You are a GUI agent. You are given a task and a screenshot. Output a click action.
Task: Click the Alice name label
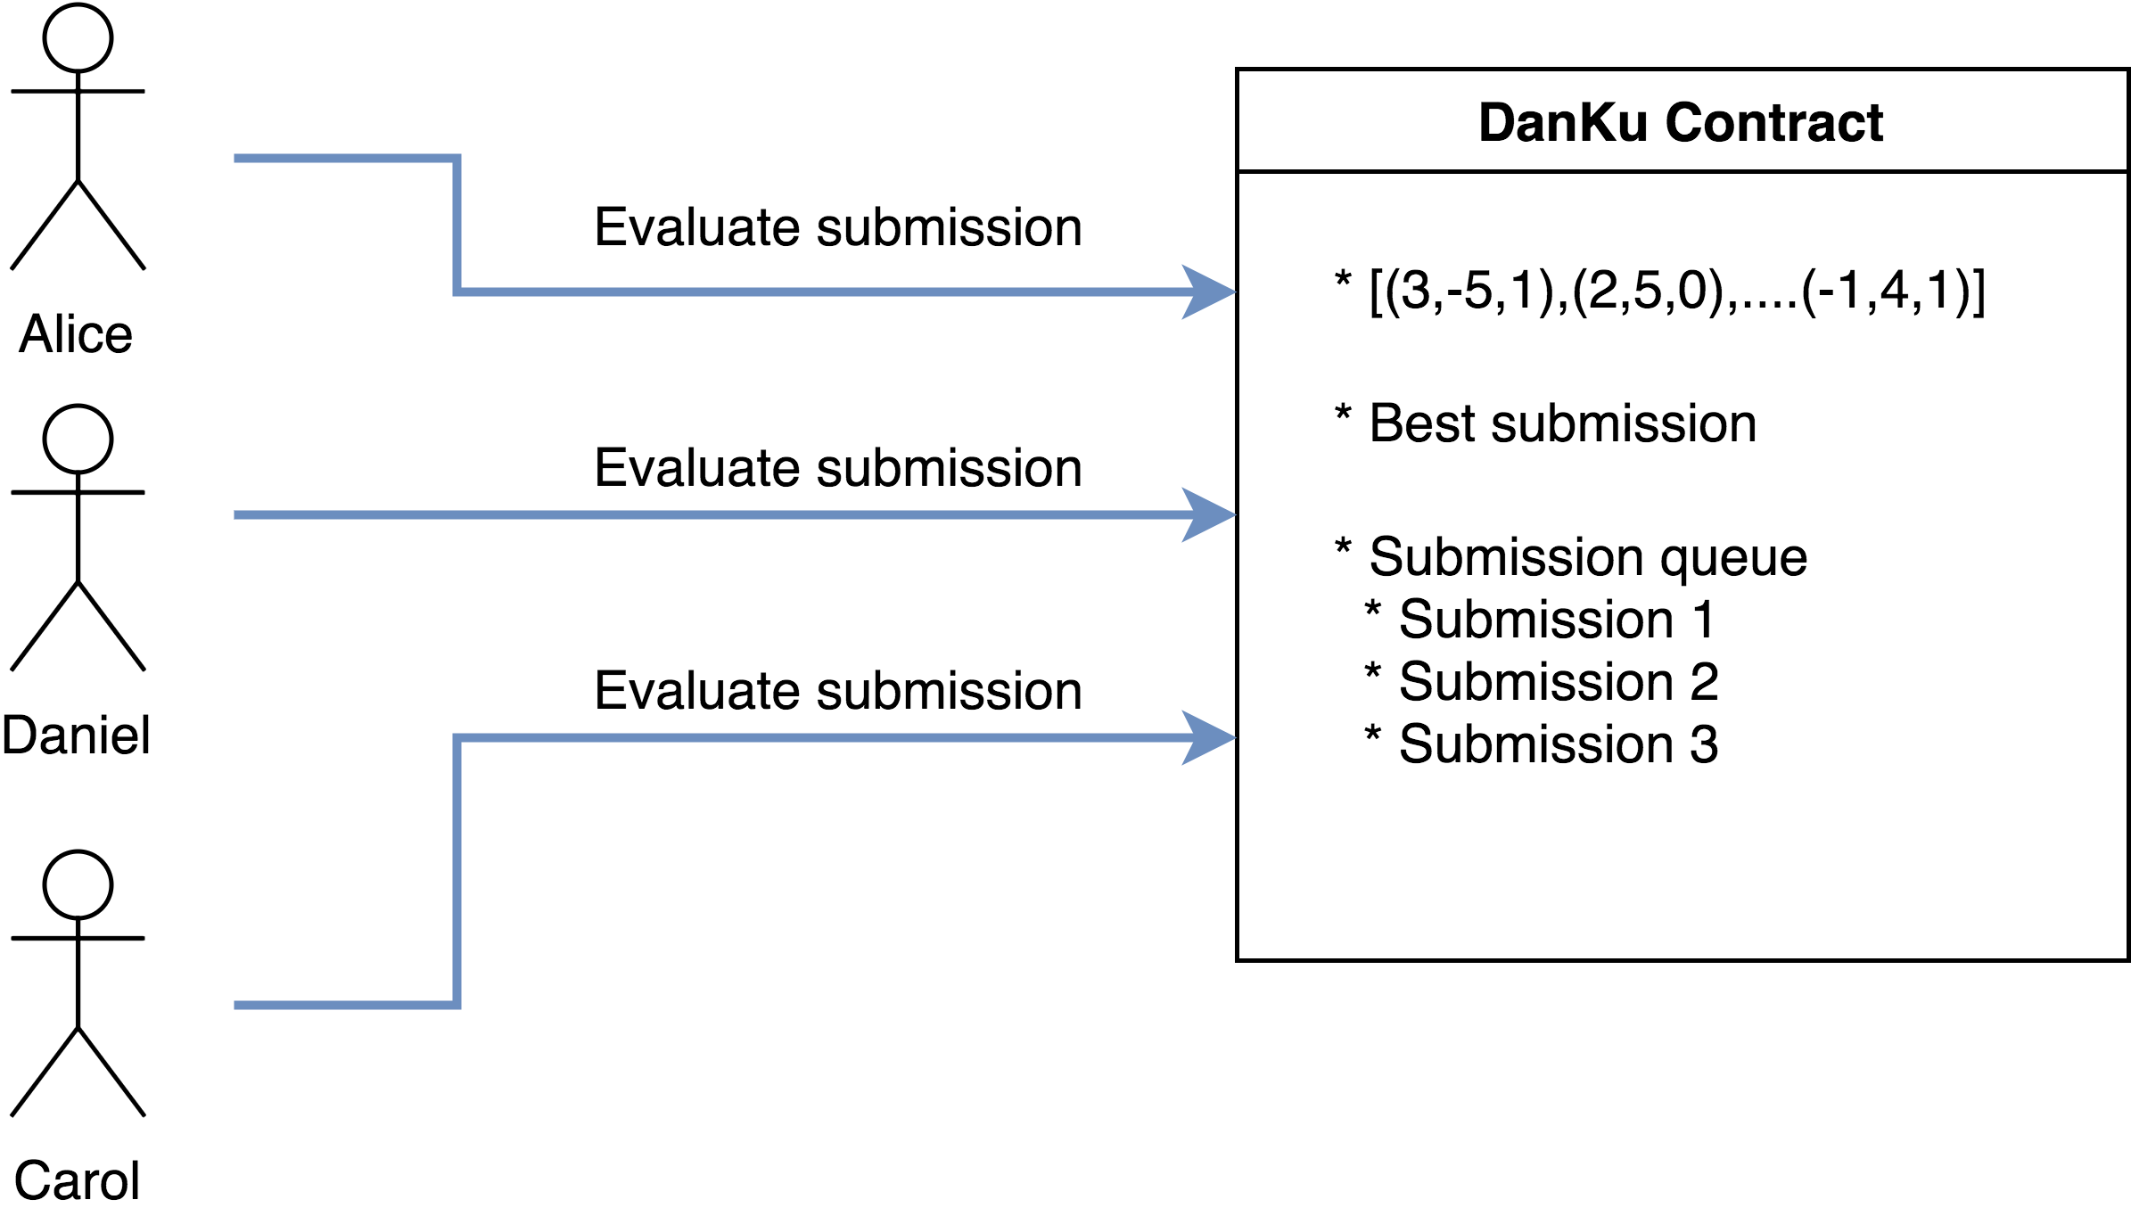[76, 334]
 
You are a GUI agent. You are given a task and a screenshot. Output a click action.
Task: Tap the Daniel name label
[76, 735]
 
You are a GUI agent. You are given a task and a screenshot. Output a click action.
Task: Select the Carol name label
[78, 1179]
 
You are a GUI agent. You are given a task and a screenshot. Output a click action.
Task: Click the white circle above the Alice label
[78, 38]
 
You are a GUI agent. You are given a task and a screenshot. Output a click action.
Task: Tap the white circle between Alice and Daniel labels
[78, 440]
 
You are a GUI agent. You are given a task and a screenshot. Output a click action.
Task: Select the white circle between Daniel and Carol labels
[78, 885]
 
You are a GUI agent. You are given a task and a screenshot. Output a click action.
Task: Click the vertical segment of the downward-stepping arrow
[457, 225]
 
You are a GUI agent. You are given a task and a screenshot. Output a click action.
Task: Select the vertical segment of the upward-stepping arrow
[457, 871]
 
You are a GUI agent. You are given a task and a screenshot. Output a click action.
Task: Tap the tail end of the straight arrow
[237, 514]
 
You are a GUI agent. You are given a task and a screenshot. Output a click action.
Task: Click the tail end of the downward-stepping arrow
[237, 159]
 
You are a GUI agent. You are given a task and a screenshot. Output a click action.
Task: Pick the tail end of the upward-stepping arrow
[237, 1005]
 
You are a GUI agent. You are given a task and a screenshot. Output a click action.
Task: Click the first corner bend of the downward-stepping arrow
[457, 159]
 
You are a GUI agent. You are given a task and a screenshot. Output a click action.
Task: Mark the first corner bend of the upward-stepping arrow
[457, 1005]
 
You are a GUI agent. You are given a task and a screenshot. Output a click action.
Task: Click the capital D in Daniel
[20, 735]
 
